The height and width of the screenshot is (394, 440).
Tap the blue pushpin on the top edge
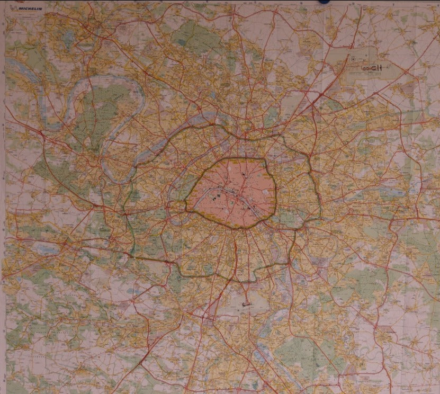[x=322, y=2]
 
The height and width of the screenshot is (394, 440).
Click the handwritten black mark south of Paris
[x=245, y=305]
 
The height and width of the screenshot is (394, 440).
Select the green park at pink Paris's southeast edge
[x=286, y=214]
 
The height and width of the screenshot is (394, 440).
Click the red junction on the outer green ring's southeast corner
[x=290, y=262]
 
